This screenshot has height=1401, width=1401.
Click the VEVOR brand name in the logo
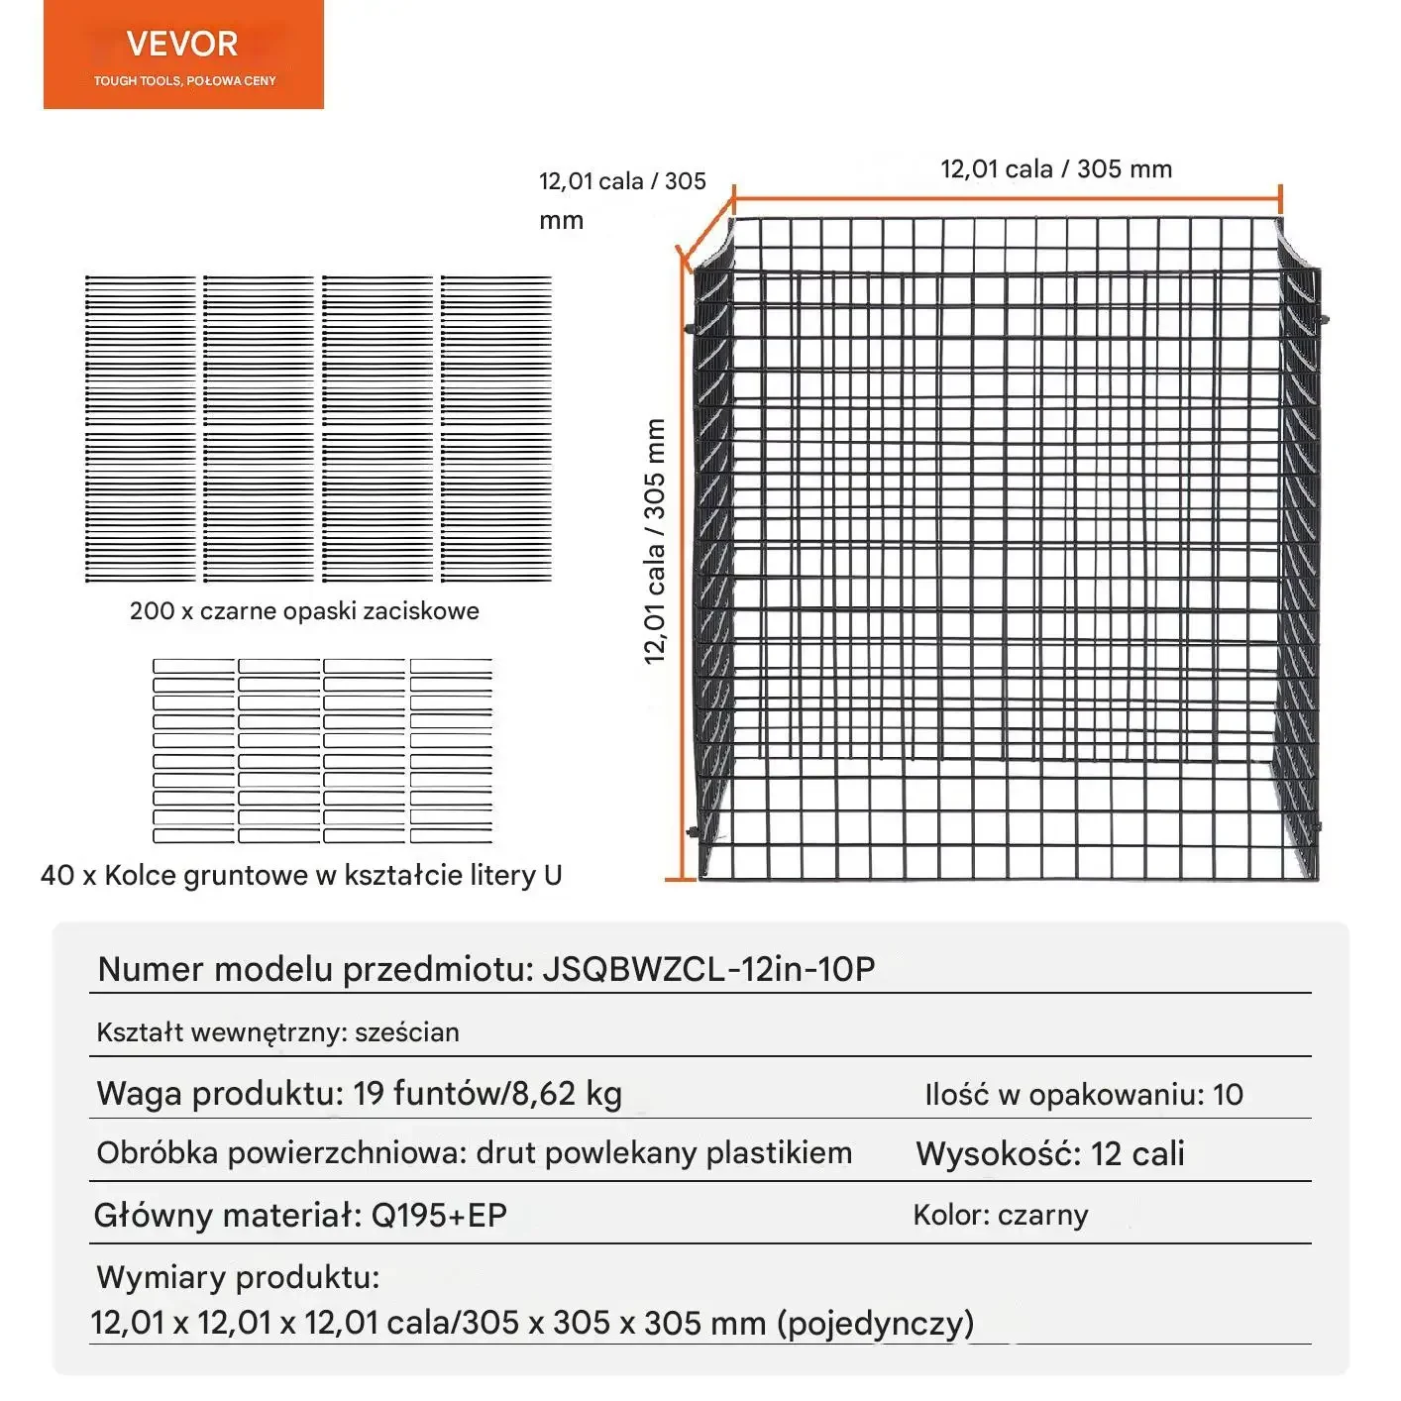tap(182, 44)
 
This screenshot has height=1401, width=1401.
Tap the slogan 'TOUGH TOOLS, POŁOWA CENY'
tap(184, 81)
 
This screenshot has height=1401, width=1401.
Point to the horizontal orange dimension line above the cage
tap(1006, 198)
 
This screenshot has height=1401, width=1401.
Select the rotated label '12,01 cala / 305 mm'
tap(655, 540)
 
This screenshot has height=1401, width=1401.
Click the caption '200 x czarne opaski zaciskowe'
tap(304, 611)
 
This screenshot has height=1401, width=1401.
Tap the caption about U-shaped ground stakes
tap(301, 875)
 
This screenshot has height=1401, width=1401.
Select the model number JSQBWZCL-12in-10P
tap(708, 969)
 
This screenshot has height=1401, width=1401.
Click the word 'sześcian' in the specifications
tap(407, 1032)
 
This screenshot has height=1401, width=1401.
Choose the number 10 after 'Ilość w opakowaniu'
tap(1228, 1095)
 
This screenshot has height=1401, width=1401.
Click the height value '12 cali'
tap(1137, 1154)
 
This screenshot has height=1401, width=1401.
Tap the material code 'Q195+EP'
tap(439, 1216)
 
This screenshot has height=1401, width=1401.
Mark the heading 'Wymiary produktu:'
tap(238, 1277)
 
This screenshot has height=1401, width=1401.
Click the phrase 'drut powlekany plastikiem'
tap(664, 1153)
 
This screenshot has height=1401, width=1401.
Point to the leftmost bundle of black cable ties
tap(141, 428)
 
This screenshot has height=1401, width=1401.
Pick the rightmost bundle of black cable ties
tap(496, 428)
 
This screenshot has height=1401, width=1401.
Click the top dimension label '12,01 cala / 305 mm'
tap(1055, 169)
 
